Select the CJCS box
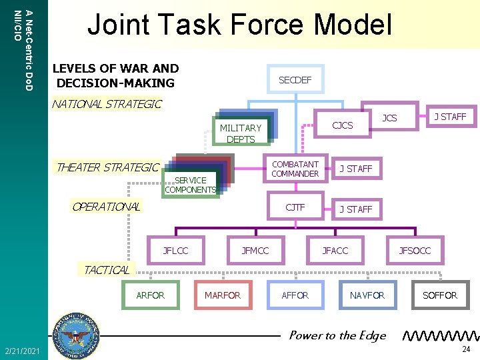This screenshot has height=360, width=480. coord(342,125)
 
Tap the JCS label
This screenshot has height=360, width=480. coord(389,118)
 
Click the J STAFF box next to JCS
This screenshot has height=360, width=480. coord(450,117)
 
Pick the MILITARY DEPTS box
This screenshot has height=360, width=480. coord(241,133)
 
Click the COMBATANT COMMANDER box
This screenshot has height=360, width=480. coord(295,169)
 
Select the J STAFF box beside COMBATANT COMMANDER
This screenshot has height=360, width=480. coord(355,169)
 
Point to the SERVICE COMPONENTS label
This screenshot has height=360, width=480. coord(190,185)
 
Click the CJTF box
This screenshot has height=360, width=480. coord(295,207)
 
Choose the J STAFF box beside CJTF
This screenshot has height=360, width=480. coord(355,209)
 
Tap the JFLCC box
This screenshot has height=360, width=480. coord(176,251)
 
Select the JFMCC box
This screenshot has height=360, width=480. coord(255,251)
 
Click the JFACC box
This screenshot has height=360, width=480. coord(335,251)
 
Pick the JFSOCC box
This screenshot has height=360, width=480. coord(415,251)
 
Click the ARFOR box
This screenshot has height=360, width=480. coord(150,295)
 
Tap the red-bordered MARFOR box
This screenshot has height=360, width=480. coord(223,295)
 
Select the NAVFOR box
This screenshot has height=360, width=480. coord(367,295)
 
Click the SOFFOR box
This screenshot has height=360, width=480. coord(440,295)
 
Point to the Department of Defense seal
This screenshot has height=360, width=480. coord(78,334)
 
